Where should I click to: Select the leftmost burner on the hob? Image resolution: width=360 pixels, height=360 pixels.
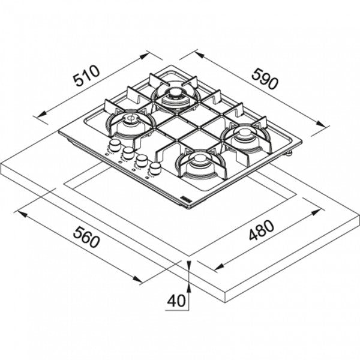128,122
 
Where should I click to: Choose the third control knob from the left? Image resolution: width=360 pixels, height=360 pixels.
142,161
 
